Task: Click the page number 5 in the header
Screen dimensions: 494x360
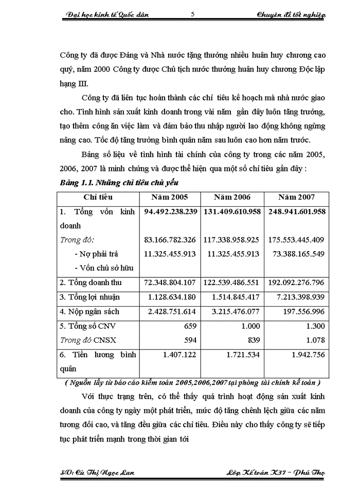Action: coord(192,14)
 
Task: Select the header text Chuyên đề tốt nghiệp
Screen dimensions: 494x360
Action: coord(291,15)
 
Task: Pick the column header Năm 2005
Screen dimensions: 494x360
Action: coord(169,197)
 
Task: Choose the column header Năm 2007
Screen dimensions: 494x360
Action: coord(296,197)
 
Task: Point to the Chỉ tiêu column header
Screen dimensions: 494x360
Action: coord(98,197)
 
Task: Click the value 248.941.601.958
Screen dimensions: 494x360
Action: coord(296,211)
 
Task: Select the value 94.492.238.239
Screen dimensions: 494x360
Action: coord(171,211)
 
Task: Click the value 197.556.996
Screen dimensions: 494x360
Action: coord(305,311)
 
